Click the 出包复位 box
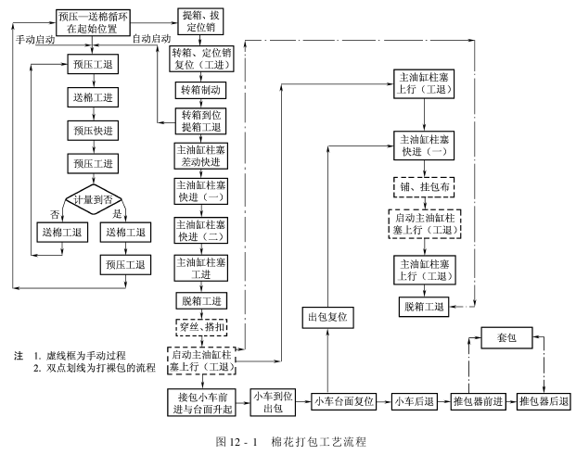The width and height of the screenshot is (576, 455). click(x=331, y=317)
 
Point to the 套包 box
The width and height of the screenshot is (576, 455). click(x=506, y=341)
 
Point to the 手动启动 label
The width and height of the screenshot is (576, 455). click(x=35, y=40)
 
